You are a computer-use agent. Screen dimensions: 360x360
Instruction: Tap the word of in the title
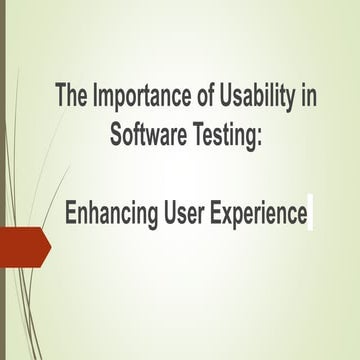[195, 100]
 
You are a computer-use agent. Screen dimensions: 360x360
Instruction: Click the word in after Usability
[303, 100]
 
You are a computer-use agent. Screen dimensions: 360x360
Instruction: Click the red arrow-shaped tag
[22, 247]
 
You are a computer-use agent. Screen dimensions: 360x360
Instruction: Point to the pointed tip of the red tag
[49, 247]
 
